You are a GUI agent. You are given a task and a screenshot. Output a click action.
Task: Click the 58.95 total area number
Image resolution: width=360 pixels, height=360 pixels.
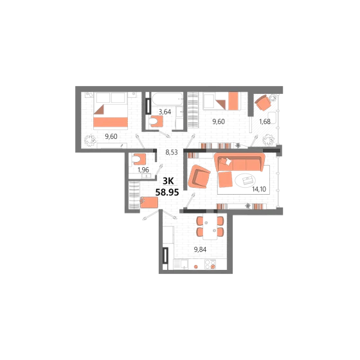tap(167, 192)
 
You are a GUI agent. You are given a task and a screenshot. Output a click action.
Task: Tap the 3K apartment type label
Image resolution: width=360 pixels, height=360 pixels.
tap(168, 181)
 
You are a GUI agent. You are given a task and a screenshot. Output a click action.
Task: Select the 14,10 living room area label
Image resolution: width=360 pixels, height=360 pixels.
tap(259, 189)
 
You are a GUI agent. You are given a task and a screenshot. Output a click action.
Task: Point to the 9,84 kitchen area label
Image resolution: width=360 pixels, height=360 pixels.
tap(200, 249)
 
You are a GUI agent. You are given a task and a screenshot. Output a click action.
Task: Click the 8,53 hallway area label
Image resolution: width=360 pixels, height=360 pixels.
tap(172, 152)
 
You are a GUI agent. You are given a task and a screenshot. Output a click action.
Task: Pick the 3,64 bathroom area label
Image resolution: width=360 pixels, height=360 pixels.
tap(165, 112)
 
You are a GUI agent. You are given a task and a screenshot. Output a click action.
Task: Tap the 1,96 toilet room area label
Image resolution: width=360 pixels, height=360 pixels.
tap(143, 170)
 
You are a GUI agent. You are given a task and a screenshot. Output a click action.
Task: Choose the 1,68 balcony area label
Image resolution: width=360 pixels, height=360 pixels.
tap(265, 122)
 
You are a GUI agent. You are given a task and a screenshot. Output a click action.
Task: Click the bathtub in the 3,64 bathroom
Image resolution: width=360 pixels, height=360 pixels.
tap(167, 99)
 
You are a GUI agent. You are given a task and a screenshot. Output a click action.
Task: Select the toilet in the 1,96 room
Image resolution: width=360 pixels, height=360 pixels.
tap(139, 159)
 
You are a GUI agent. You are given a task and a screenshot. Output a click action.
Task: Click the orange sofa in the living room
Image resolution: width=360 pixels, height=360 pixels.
tap(239, 162)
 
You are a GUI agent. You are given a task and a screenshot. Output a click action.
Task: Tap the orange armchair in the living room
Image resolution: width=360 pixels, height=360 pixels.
tap(199, 177)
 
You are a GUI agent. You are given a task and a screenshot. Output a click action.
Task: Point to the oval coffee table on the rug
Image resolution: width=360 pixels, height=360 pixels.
tap(246, 180)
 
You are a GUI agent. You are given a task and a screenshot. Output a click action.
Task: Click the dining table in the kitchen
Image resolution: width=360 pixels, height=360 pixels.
tap(210, 226)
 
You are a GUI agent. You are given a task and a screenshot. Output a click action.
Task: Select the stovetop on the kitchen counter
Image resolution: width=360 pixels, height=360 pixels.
tap(210, 264)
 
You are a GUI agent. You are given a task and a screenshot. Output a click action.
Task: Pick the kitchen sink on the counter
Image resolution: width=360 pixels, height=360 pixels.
tap(184, 264)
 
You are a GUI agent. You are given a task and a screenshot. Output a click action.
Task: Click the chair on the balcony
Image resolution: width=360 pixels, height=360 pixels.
tap(264, 103)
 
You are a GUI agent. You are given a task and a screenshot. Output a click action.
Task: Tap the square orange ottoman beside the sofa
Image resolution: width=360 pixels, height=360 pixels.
tap(225, 179)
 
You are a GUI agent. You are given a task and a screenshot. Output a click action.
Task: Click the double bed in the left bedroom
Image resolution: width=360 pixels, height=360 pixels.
tap(111, 111)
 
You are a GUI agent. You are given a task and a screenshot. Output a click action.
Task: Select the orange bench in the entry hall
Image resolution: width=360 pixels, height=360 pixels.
tap(148, 203)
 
